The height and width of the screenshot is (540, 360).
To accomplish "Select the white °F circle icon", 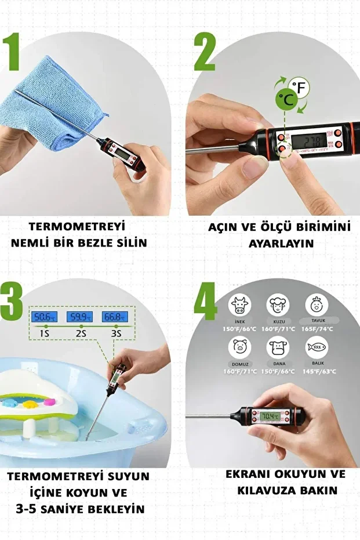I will tap(300, 88).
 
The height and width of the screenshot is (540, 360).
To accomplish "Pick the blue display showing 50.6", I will tap(44, 317).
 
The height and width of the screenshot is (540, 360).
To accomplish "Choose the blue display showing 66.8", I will tap(115, 317).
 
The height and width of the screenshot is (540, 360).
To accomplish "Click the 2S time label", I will tap(79, 334).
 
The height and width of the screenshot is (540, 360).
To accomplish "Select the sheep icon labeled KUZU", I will tap(278, 303).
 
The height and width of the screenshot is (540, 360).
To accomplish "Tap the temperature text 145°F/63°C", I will tap(317, 371).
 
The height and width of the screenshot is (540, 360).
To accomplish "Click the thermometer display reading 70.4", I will tap(270, 416).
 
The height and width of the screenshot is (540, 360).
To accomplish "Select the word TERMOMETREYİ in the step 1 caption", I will tap(77, 226).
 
